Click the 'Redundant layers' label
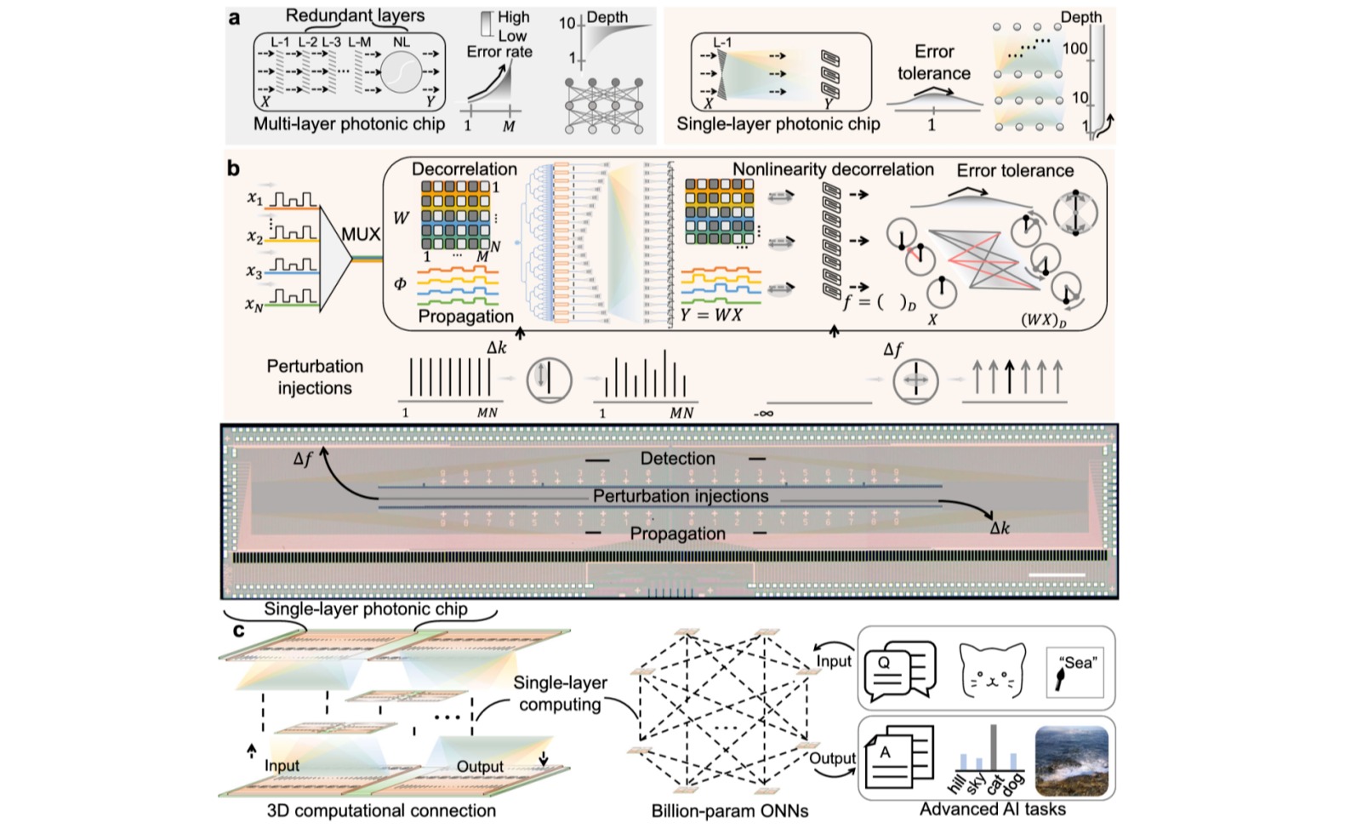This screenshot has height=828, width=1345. point(355,15)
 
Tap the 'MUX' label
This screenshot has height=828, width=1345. point(361,234)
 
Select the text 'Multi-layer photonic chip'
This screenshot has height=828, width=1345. point(349,124)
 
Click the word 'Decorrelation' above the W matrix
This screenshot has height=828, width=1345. point(464,168)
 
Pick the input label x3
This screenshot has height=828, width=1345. point(254,271)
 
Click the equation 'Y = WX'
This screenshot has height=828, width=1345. point(711,315)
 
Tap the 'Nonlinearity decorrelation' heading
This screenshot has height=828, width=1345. point(833,169)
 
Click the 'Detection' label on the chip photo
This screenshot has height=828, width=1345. point(677,459)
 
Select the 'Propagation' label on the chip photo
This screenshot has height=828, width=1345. point(677,534)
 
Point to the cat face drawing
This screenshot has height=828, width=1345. point(991,670)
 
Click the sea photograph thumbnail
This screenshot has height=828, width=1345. point(1071,762)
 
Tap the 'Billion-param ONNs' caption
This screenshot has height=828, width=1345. point(729,811)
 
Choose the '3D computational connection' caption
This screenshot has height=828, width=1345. point(381,811)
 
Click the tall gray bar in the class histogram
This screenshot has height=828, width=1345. point(994,748)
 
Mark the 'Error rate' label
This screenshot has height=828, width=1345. point(499,52)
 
